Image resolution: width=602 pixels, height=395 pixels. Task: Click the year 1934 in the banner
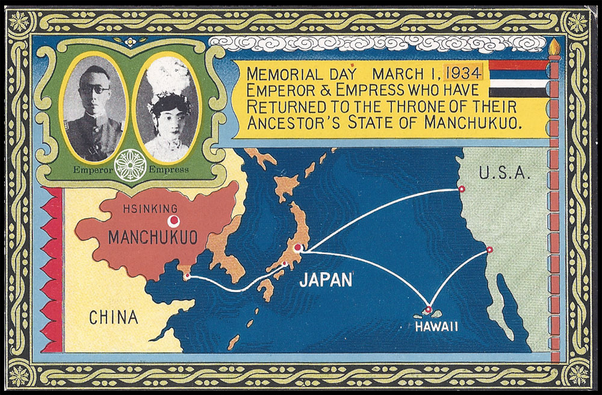(x=463, y=74)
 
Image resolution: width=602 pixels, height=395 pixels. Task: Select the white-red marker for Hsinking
(x=174, y=221)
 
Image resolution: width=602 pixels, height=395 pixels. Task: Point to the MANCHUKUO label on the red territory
(x=152, y=238)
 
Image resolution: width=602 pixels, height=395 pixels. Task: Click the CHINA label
(x=114, y=317)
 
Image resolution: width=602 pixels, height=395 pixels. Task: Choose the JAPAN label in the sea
(x=325, y=280)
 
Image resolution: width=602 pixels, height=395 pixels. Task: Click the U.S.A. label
(x=504, y=173)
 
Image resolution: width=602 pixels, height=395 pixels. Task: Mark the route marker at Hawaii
(x=429, y=309)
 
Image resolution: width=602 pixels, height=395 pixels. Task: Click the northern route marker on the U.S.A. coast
(x=462, y=189)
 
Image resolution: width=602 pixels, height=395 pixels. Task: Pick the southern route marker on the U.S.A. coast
(x=489, y=249)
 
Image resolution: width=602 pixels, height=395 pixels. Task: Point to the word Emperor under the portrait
(x=93, y=170)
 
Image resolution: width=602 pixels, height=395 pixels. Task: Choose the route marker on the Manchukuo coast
(x=188, y=276)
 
